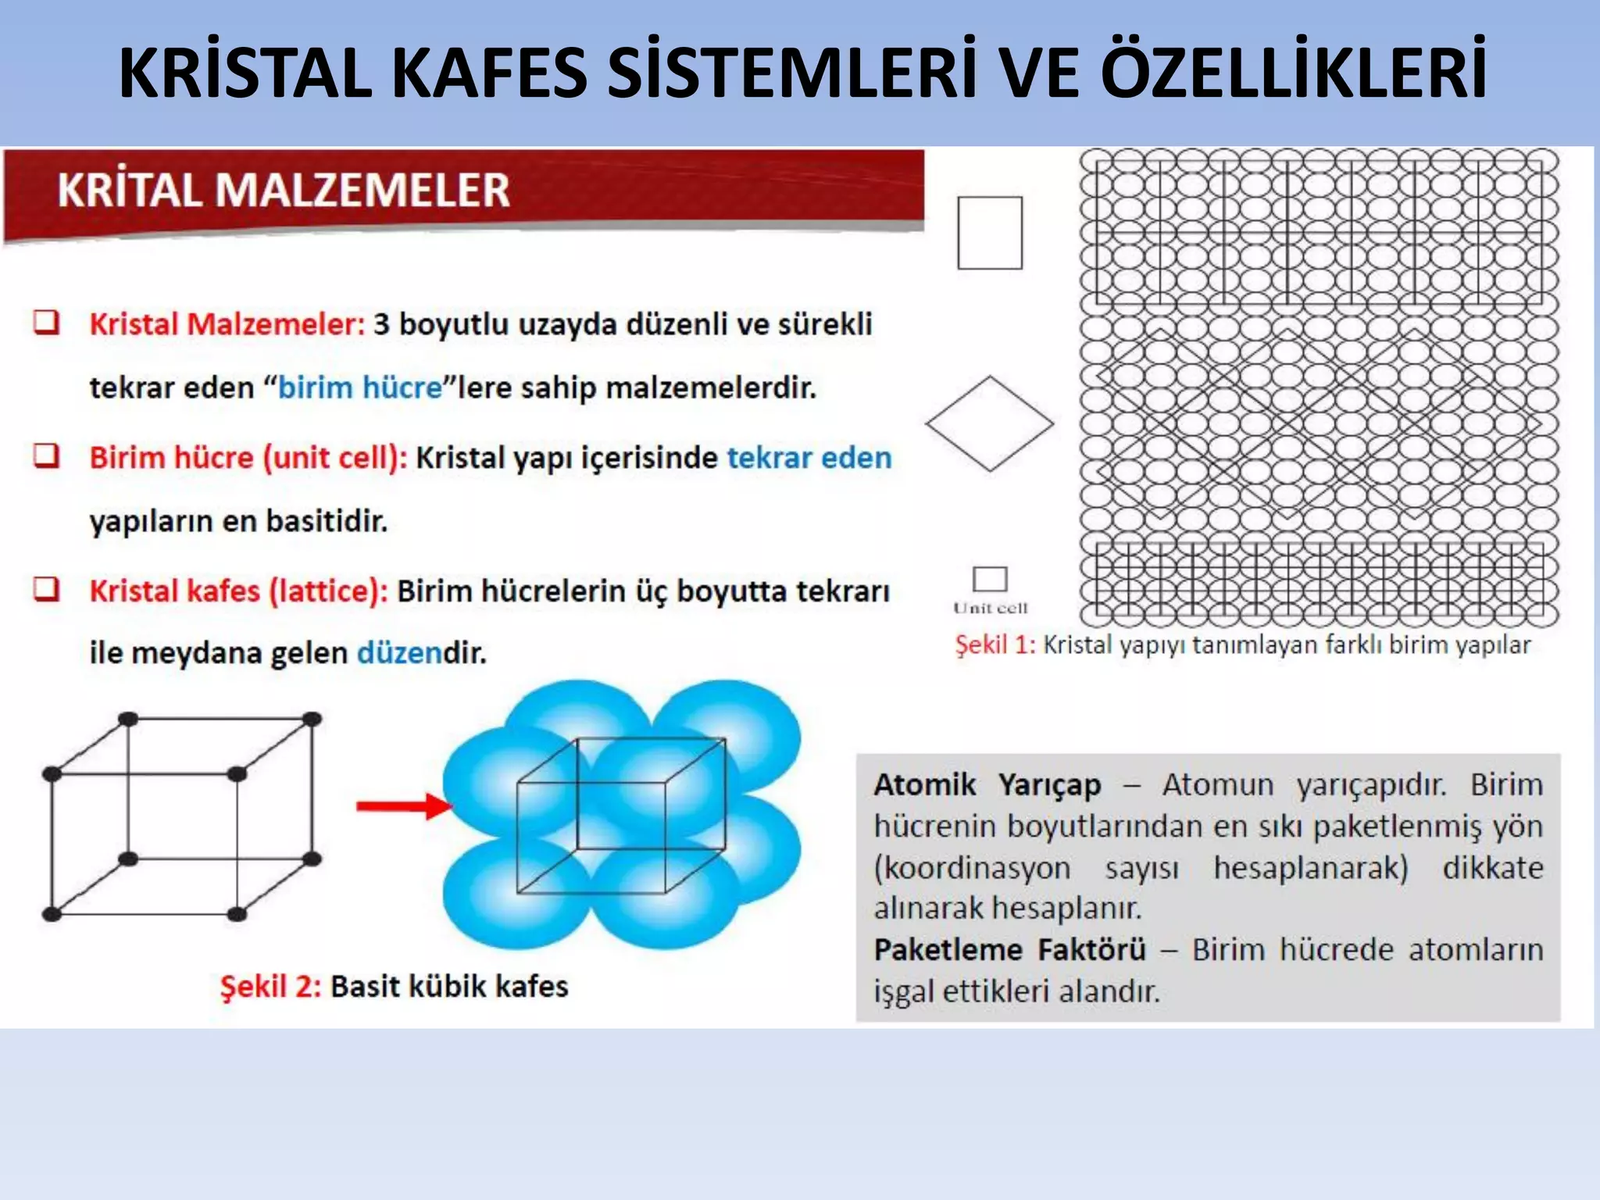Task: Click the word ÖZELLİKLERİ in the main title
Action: (x=1294, y=72)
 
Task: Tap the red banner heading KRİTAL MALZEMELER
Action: (x=284, y=190)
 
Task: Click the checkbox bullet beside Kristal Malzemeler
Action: (x=46, y=322)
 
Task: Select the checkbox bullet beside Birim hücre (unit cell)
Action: (x=46, y=455)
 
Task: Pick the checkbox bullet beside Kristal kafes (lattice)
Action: (x=46, y=588)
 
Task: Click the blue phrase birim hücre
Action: (x=360, y=387)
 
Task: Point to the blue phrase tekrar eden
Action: (x=809, y=457)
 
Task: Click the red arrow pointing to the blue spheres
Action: (x=403, y=805)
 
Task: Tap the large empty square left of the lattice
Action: (x=990, y=233)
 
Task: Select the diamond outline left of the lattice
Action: (x=990, y=423)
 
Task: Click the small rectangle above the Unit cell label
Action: (x=990, y=579)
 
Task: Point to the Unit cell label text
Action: (x=990, y=608)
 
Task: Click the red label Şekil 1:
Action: (x=995, y=645)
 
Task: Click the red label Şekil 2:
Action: (x=270, y=986)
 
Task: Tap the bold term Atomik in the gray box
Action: (x=925, y=784)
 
